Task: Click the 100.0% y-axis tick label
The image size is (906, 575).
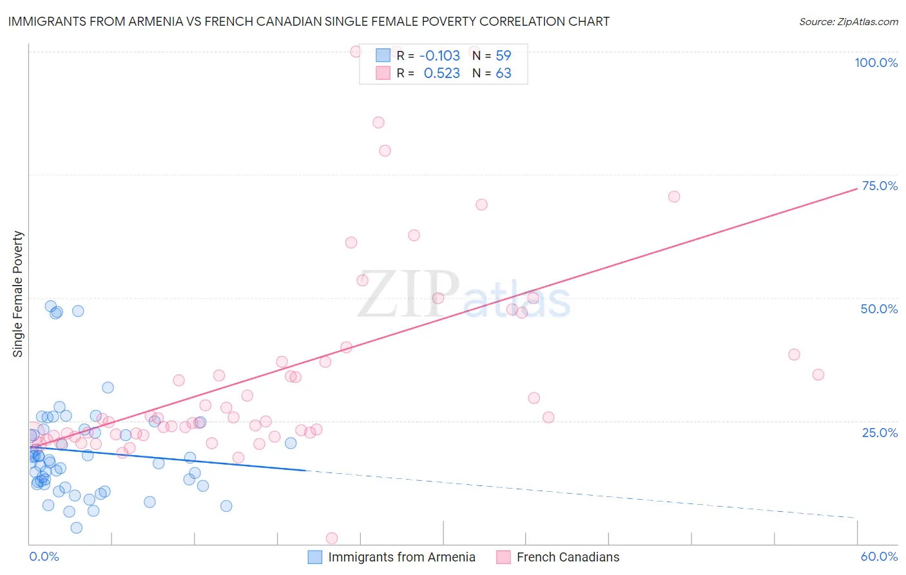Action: pyautogui.click(x=876, y=63)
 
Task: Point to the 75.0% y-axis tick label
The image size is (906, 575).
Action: pyautogui.click(x=879, y=186)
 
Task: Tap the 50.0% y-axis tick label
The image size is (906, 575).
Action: pyautogui.click(x=879, y=309)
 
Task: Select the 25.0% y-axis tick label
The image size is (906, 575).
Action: pyautogui.click(x=880, y=433)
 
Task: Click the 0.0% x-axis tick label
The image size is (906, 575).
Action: pyautogui.click(x=44, y=556)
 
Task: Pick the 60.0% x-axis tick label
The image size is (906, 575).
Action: pyautogui.click(x=879, y=556)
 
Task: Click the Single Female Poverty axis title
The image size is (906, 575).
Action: pyautogui.click(x=18, y=294)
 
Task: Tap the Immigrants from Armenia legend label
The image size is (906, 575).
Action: pyautogui.click(x=401, y=557)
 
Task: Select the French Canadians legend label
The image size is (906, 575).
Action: pyautogui.click(x=568, y=557)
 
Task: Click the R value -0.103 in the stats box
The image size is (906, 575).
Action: pyautogui.click(x=439, y=56)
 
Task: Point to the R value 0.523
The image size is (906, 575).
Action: pyautogui.click(x=441, y=73)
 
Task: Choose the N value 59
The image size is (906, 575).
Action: pyautogui.click(x=503, y=56)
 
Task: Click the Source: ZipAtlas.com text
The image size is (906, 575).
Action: pyautogui.click(x=848, y=22)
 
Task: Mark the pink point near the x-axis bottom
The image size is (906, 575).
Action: pyautogui.click(x=332, y=538)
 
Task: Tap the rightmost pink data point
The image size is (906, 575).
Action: pyautogui.click(x=818, y=375)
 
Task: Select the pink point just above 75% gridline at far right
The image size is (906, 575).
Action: pyautogui.click(x=674, y=197)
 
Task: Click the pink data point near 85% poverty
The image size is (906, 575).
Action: pyautogui.click(x=378, y=122)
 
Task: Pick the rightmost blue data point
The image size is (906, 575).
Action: pyautogui.click(x=291, y=443)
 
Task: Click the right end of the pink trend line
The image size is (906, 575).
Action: pyautogui.click(x=857, y=188)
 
